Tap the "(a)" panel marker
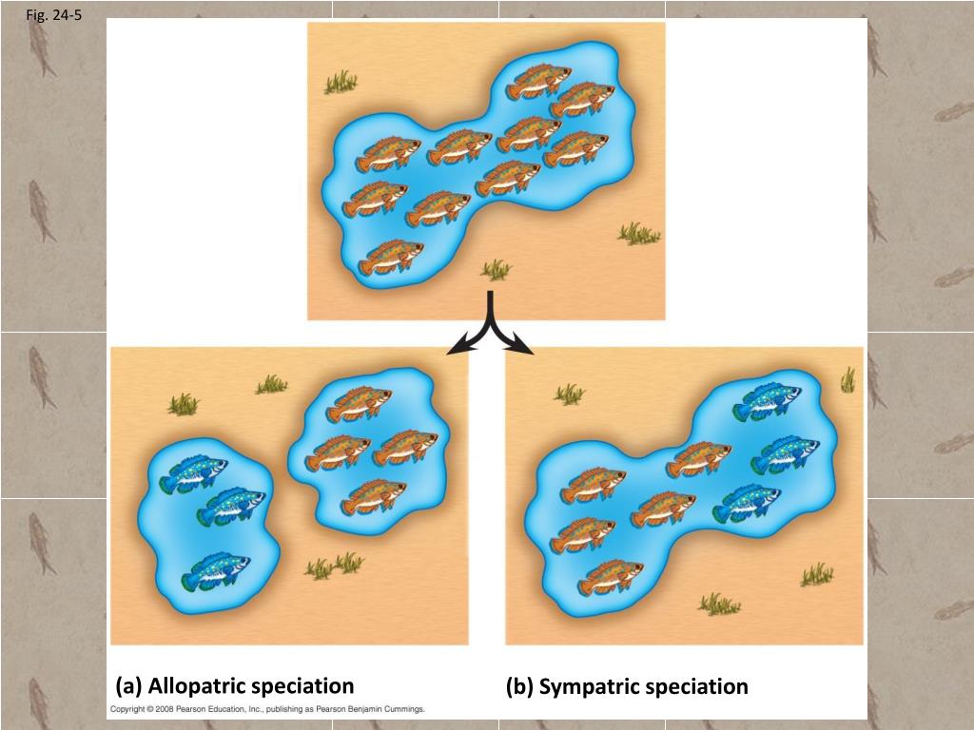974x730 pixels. (x=129, y=686)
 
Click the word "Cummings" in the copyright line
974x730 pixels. (x=399, y=710)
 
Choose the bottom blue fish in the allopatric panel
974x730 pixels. (x=216, y=571)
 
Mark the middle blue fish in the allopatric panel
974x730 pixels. (x=231, y=507)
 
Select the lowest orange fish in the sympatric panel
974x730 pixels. (x=610, y=576)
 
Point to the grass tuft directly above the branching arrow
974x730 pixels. (x=496, y=271)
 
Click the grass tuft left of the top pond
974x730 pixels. (x=340, y=84)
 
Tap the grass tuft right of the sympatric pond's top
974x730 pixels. (x=847, y=380)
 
